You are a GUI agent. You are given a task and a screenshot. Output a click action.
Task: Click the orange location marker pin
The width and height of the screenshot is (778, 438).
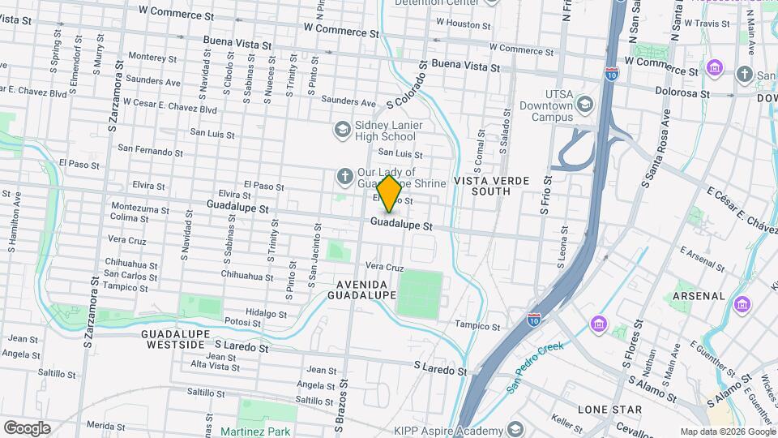pos(389,193)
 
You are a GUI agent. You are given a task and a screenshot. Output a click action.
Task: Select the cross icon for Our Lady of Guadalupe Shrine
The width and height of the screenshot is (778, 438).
pos(344,177)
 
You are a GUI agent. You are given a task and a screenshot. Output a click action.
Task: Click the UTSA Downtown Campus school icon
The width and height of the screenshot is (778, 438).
pos(584,105)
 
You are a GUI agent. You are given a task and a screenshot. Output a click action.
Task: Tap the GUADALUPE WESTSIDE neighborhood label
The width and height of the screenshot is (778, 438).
pos(174,339)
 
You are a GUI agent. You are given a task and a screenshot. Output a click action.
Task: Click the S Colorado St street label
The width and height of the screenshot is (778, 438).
pos(406,84)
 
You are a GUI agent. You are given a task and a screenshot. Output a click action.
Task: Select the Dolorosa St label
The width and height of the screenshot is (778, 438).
pos(682,94)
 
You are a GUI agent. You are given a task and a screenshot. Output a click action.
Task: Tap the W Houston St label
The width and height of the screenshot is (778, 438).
pos(472,24)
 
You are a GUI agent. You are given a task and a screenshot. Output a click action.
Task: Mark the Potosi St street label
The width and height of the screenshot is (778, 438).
pos(243,323)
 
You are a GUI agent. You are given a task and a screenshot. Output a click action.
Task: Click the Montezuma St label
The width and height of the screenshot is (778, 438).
pos(137,207)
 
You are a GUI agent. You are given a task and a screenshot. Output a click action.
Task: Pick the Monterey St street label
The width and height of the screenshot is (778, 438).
pos(152,58)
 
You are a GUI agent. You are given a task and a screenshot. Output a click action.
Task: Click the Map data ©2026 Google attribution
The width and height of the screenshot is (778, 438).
pos(726,432)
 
